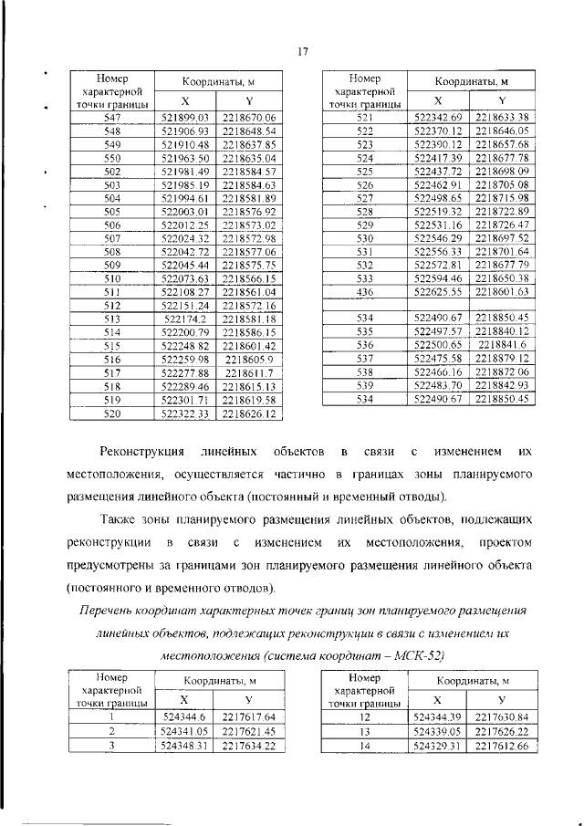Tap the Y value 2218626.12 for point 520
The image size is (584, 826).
(248, 413)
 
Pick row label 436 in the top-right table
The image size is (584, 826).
(365, 291)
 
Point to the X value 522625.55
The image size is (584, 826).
(439, 291)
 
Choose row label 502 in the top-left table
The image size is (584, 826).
(113, 171)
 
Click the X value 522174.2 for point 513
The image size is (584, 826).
(185, 318)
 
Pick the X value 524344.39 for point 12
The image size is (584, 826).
(439, 718)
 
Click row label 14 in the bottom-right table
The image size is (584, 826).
(365, 745)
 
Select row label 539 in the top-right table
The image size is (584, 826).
(365, 387)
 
